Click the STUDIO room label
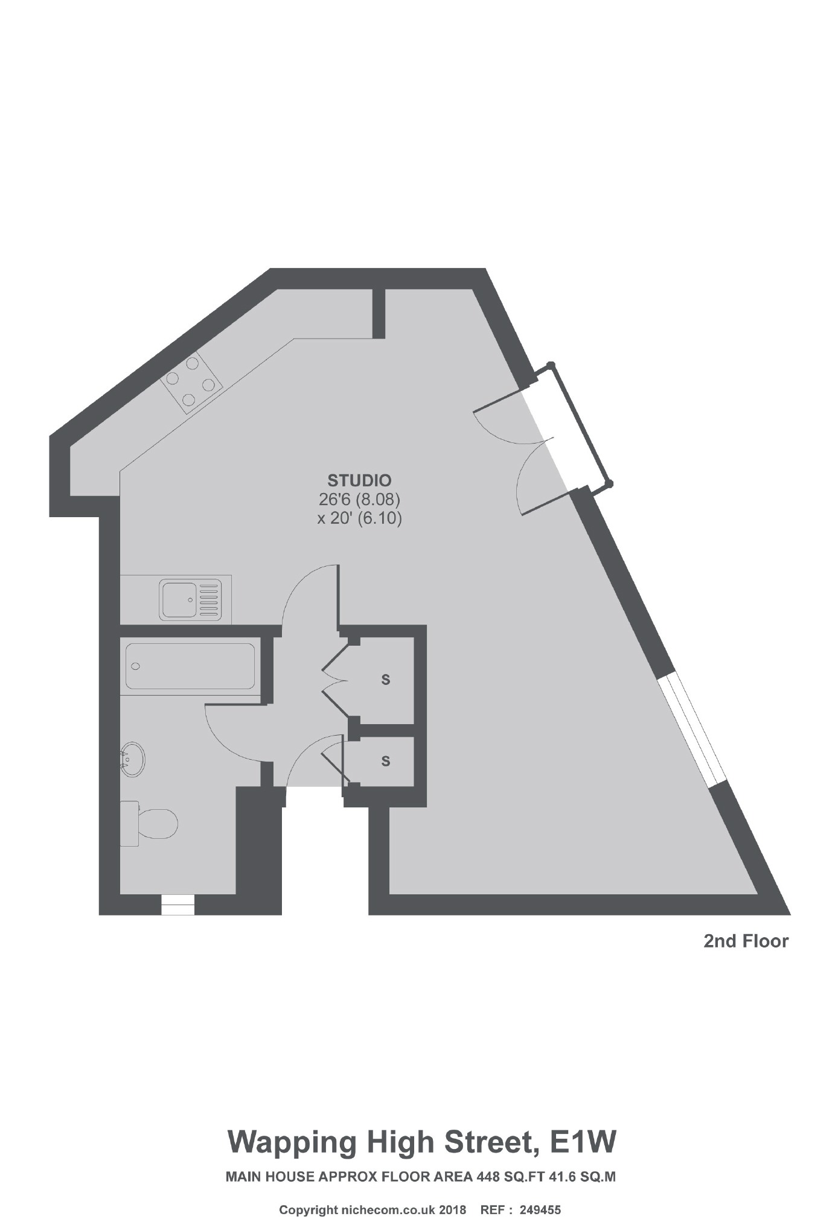(x=359, y=480)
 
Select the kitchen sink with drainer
(x=190, y=600)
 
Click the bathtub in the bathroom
(x=190, y=666)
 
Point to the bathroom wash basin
(x=133, y=759)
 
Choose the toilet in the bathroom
(x=151, y=824)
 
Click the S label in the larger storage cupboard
(x=386, y=679)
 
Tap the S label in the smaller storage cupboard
(x=386, y=761)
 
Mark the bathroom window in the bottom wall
(x=178, y=905)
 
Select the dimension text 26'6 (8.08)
(x=359, y=500)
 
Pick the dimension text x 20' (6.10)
(x=359, y=518)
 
